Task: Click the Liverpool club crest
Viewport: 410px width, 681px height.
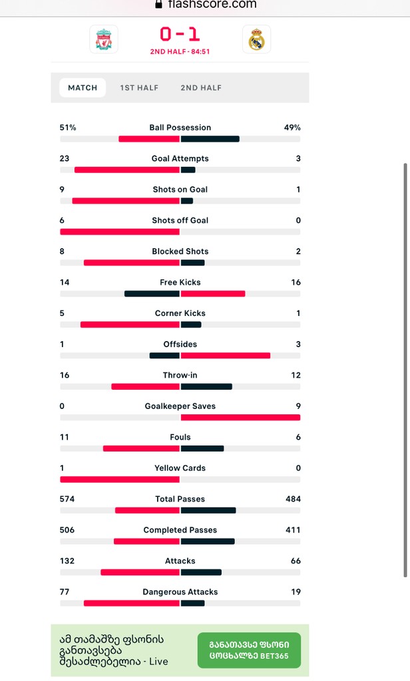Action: [104, 39]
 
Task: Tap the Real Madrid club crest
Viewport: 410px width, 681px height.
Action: [256, 39]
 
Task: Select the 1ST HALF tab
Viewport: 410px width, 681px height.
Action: [139, 88]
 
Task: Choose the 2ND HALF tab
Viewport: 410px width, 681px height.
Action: [201, 88]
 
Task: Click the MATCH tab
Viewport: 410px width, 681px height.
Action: [83, 88]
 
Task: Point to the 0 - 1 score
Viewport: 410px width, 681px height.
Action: [180, 34]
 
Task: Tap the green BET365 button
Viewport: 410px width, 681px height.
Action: [249, 650]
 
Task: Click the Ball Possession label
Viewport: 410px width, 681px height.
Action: [180, 128]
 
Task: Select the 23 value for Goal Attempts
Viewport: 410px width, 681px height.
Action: [65, 159]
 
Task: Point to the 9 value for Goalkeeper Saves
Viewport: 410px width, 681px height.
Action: [298, 406]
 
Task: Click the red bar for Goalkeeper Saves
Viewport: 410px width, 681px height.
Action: [240, 418]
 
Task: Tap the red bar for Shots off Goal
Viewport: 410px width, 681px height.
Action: [120, 232]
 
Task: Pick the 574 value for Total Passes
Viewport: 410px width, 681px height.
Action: [67, 499]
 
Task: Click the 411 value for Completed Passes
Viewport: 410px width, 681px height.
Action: [293, 530]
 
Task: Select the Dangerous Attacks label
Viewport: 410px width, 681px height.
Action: [180, 592]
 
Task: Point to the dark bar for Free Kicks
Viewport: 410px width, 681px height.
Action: [152, 294]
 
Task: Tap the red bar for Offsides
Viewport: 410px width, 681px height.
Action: [225, 356]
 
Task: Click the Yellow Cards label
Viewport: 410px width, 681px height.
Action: [180, 468]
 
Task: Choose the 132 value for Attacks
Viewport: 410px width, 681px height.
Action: [67, 561]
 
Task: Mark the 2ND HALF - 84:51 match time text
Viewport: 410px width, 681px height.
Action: [180, 51]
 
